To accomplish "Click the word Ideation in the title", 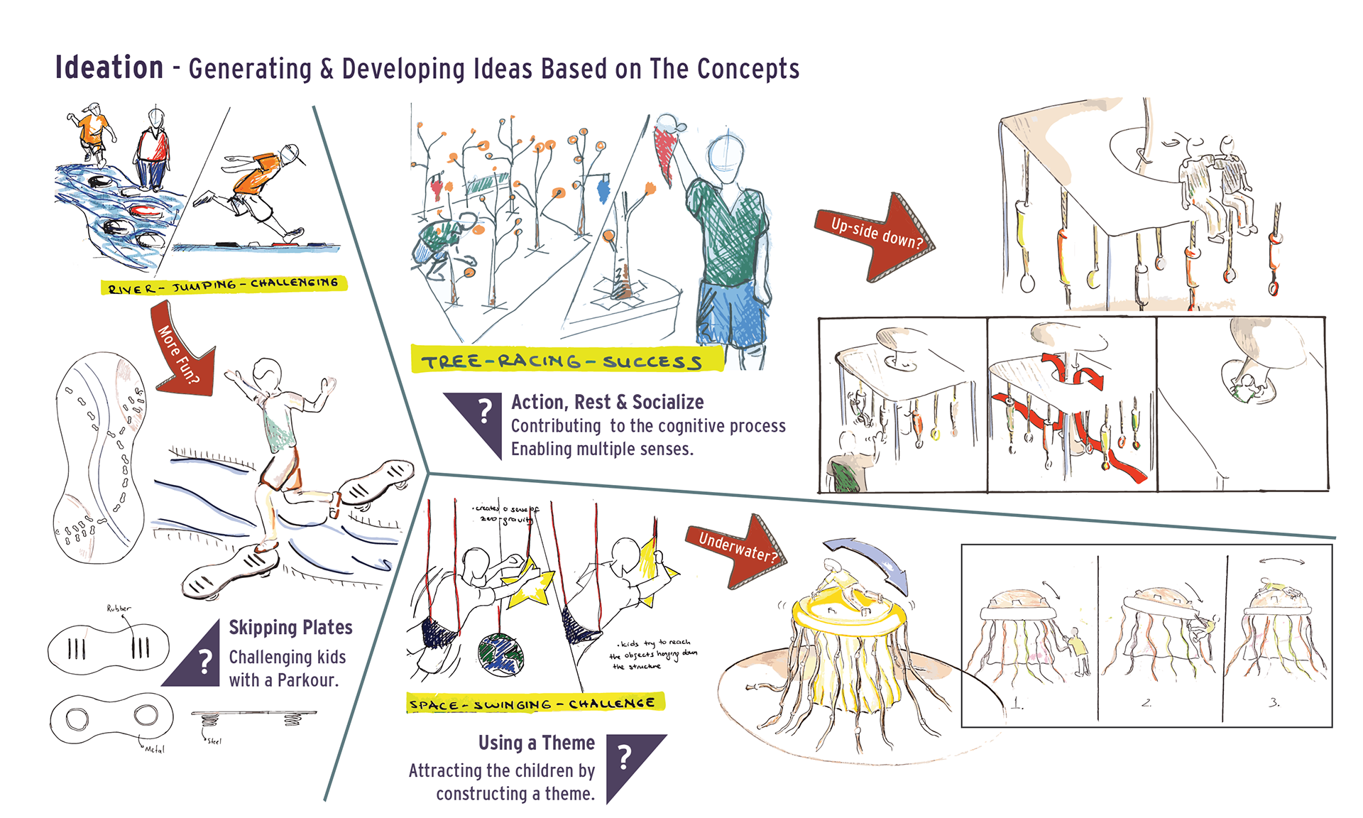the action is pos(109,68).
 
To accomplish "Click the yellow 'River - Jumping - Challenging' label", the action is pos(224,285).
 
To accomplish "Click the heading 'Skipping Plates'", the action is pos(290,628).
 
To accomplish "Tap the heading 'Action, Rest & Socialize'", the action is pos(607,403).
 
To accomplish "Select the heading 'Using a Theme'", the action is pos(536,743).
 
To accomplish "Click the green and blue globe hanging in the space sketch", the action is pos(500,655).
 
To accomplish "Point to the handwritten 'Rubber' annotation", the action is pos(119,609).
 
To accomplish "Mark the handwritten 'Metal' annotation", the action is pos(154,749).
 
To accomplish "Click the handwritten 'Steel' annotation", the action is pos(214,741).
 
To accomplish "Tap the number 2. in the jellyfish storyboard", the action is pos(1146,702).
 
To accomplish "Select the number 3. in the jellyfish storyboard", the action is pos(1274,702).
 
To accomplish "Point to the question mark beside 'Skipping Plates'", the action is pos(205,662).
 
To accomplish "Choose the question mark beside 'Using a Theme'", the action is pos(625,758).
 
